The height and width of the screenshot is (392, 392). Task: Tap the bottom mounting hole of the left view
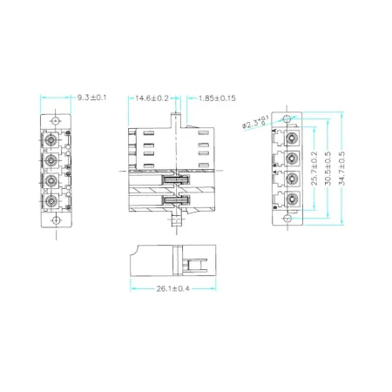[53, 221]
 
